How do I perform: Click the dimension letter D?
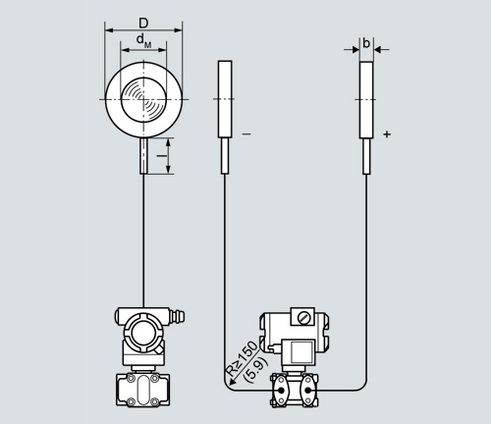pyautogui.click(x=143, y=24)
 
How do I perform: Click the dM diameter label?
pyautogui.click(x=143, y=41)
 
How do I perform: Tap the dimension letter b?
pyautogui.click(x=366, y=43)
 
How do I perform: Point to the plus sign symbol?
pyautogui.click(x=387, y=134)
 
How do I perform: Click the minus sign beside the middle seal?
pyautogui.click(x=246, y=133)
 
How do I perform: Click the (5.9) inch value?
pyautogui.click(x=257, y=370)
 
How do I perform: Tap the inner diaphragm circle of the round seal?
pyautogui.click(x=143, y=99)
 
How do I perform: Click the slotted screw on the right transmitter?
pyautogui.click(x=304, y=317)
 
